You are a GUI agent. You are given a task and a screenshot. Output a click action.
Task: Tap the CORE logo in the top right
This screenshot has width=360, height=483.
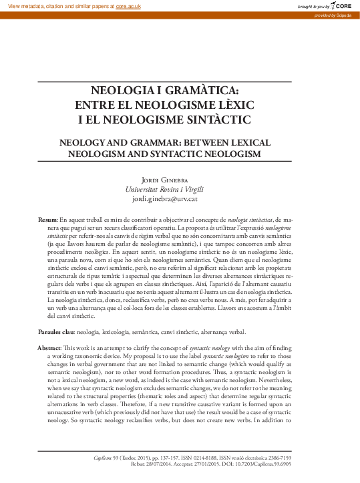(x=337, y=6)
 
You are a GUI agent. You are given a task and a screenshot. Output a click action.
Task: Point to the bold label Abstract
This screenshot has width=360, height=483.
(x=49, y=350)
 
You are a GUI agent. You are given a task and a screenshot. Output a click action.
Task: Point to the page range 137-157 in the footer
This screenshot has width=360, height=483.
(x=170, y=458)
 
